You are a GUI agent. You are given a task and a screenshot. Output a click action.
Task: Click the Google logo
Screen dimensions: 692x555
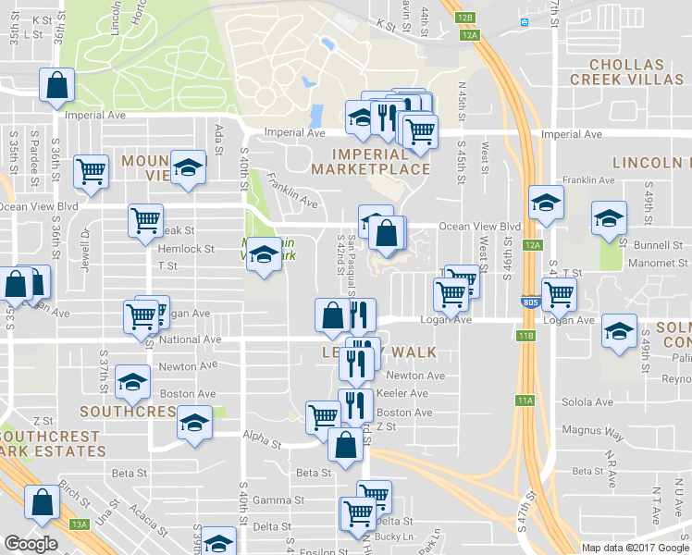pos(31,544)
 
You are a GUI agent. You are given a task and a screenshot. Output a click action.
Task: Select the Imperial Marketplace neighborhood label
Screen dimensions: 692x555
pos(370,161)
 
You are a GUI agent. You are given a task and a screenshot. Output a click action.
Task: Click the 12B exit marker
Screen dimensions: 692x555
pos(465,18)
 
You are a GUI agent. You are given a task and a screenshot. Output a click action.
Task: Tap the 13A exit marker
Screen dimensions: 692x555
pos(80,524)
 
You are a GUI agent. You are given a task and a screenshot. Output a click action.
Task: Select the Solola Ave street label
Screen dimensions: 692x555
pos(589,402)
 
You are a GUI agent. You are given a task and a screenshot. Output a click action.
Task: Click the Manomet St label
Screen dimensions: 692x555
pos(658,263)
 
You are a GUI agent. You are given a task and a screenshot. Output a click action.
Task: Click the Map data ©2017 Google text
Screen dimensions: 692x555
pos(635,548)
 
